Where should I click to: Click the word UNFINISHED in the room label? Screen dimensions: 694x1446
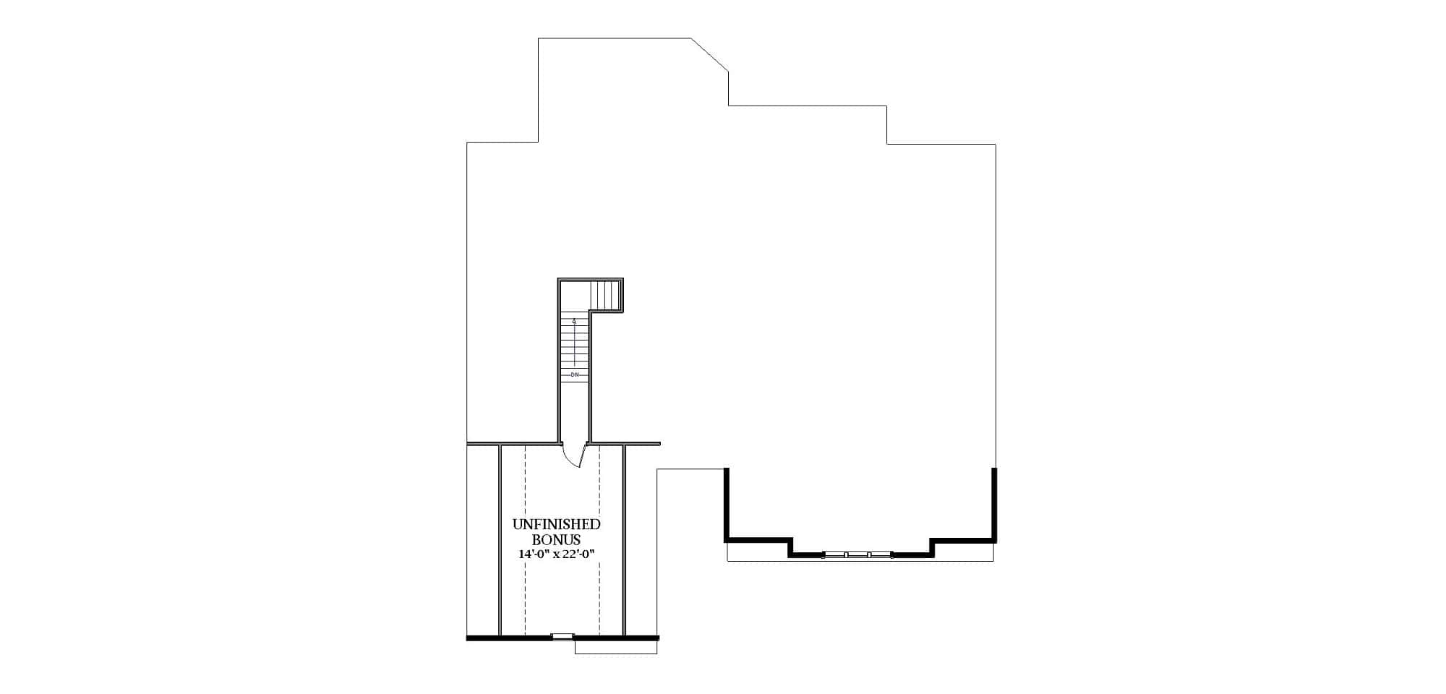coord(556,524)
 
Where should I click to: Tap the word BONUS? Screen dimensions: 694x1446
coord(556,539)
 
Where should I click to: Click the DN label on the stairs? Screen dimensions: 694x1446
coord(575,374)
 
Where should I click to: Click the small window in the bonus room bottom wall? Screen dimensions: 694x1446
coord(562,636)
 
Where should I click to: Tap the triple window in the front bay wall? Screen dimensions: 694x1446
coord(857,554)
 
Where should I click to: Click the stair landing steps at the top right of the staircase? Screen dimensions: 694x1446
coord(606,294)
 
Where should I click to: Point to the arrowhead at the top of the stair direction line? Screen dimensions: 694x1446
coord(574,320)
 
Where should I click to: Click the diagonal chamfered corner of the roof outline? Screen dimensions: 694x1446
coord(710,55)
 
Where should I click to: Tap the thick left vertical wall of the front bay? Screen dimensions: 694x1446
coord(727,504)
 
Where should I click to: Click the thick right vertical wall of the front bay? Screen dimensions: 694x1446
coord(995,504)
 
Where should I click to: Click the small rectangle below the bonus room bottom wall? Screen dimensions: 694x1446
coord(615,648)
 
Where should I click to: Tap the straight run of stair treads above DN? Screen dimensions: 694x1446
coord(575,347)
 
